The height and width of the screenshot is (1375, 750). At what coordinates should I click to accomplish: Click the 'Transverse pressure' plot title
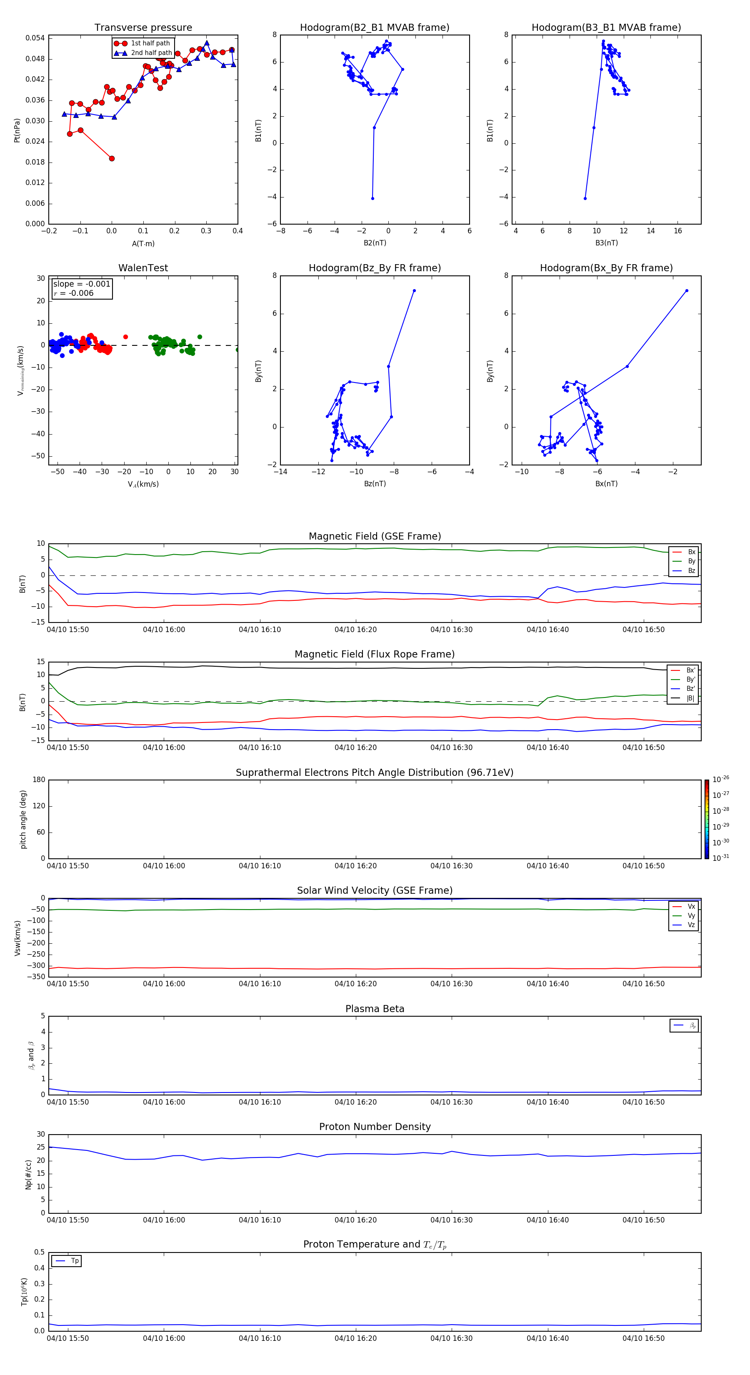[x=143, y=28]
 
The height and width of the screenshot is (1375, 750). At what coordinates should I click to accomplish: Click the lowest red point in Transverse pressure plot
[x=112, y=158]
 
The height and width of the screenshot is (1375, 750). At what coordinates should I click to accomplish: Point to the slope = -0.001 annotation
[x=82, y=284]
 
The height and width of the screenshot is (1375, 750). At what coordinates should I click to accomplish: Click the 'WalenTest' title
[x=143, y=268]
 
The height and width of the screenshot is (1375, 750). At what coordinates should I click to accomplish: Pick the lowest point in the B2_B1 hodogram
[x=372, y=199]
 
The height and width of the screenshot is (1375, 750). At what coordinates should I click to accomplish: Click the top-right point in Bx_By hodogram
[x=687, y=291]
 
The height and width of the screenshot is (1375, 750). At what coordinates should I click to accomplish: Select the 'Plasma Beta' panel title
[x=375, y=1009]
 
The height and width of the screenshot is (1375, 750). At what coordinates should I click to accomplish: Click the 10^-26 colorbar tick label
[x=721, y=779]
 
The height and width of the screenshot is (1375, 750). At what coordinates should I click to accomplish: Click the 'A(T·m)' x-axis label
[x=143, y=244]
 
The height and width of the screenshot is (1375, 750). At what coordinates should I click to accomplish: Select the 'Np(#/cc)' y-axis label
[x=29, y=1174]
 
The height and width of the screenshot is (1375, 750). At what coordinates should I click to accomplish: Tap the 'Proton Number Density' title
[x=375, y=1127]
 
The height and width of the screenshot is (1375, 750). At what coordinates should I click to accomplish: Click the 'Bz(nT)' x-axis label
[x=375, y=484]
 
